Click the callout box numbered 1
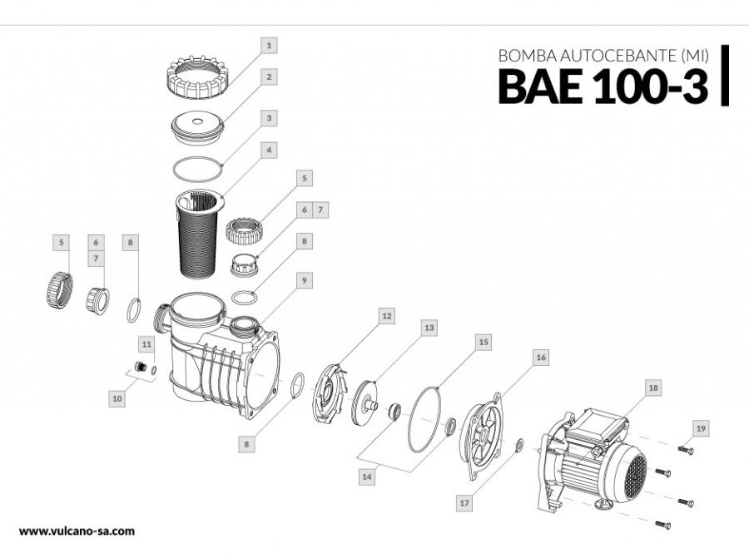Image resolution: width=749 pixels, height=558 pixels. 269,42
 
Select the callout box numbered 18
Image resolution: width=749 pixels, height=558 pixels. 653,388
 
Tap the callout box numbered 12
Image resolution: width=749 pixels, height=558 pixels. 385,316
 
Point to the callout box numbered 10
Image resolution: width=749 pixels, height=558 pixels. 117,399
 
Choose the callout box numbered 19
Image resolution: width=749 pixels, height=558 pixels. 702,428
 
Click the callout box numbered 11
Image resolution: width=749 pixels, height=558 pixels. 146,343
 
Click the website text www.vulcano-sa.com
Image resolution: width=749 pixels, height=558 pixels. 76,531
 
